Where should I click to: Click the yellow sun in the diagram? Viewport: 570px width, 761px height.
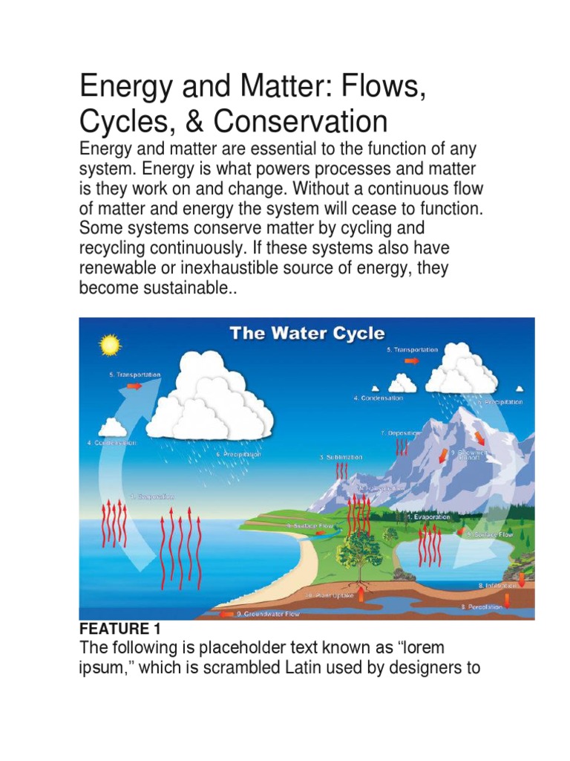[x=110, y=345]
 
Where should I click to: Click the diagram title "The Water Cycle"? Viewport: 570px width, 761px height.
[x=307, y=332]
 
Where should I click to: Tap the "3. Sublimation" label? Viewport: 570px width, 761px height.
[x=341, y=458]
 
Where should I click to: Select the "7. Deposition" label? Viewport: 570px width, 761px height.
[x=400, y=432]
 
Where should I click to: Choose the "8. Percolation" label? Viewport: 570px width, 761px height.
[x=481, y=606]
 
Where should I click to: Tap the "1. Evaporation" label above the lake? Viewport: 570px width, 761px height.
[x=428, y=516]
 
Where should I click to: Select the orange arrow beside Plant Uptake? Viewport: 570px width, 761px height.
[x=361, y=594]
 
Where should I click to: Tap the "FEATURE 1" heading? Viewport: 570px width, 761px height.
[x=119, y=629]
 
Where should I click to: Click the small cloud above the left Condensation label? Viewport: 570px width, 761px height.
[x=113, y=427]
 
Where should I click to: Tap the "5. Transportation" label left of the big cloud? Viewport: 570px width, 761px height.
[x=134, y=375]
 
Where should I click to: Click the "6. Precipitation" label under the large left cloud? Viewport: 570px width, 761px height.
[x=238, y=454]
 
